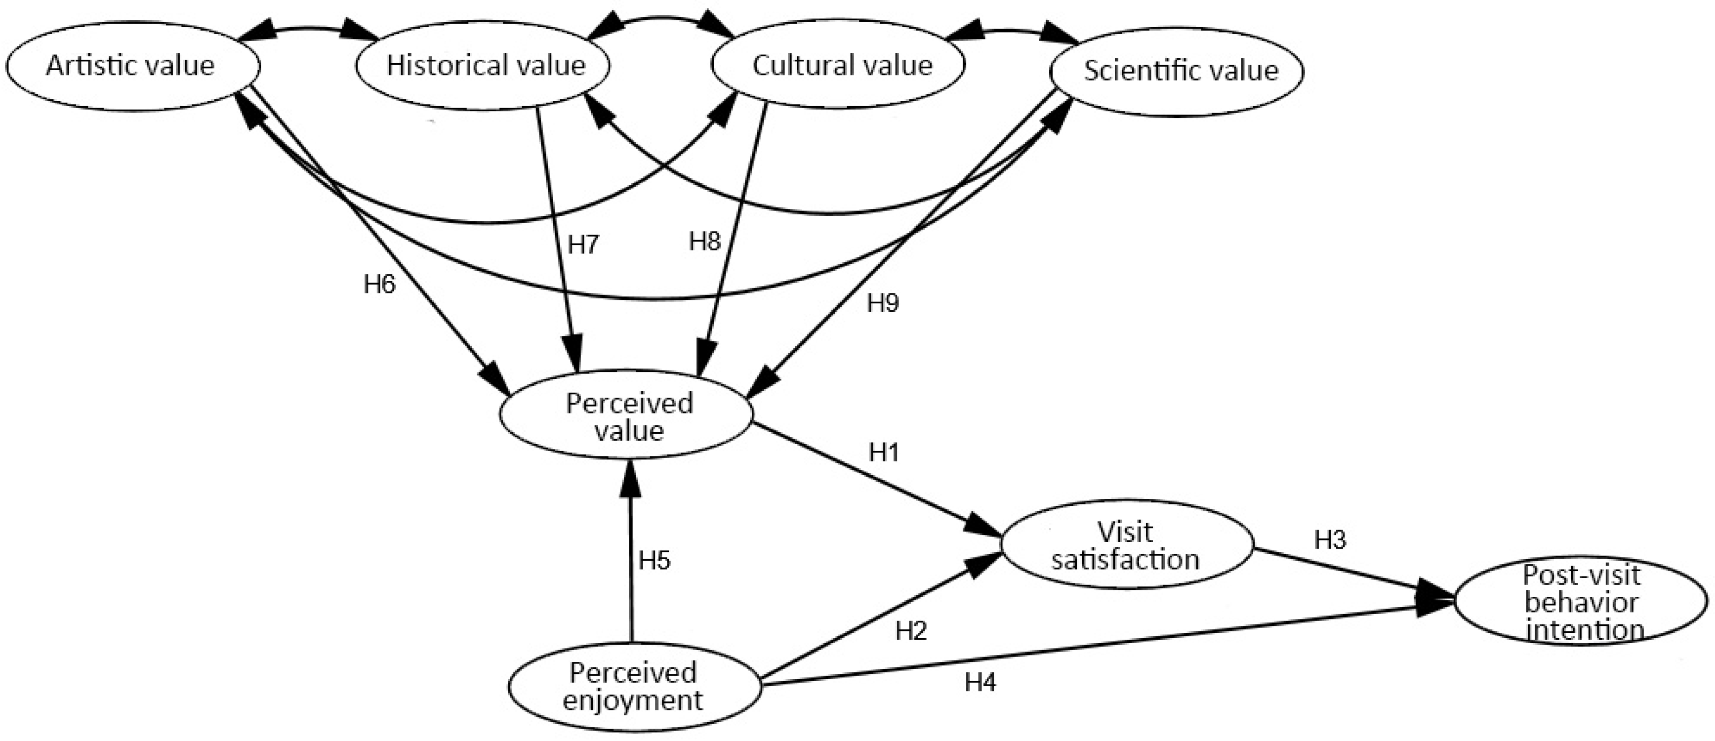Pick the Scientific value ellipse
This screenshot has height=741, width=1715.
point(1179,71)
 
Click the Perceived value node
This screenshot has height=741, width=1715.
point(628,416)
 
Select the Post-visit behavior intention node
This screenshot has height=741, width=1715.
point(1582,603)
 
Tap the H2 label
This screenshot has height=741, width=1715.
point(911,630)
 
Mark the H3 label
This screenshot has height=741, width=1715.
point(1330,540)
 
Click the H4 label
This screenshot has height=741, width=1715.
point(980,682)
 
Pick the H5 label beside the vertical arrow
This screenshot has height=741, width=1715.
point(654,561)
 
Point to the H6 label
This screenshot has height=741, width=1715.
point(379,285)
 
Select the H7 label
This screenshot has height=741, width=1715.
point(583,245)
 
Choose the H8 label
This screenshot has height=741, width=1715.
point(705,241)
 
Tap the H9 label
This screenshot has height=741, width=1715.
point(883,304)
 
